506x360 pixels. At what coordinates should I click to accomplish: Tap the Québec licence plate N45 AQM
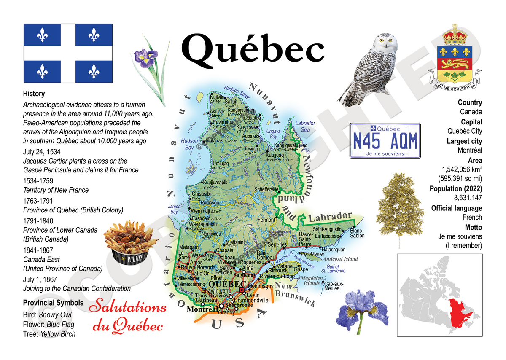pos(385,140)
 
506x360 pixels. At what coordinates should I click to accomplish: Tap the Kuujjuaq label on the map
pos(275,156)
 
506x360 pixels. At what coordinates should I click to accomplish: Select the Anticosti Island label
pos(341,259)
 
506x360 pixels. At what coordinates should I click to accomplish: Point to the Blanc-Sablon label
pos(357,233)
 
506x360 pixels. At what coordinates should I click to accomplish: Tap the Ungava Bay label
pos(273,134)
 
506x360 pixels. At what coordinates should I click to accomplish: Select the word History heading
pos(34,94)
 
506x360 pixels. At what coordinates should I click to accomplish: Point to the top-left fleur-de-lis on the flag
pos(42,36)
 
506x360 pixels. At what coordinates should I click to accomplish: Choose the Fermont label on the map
pos(266,220)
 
